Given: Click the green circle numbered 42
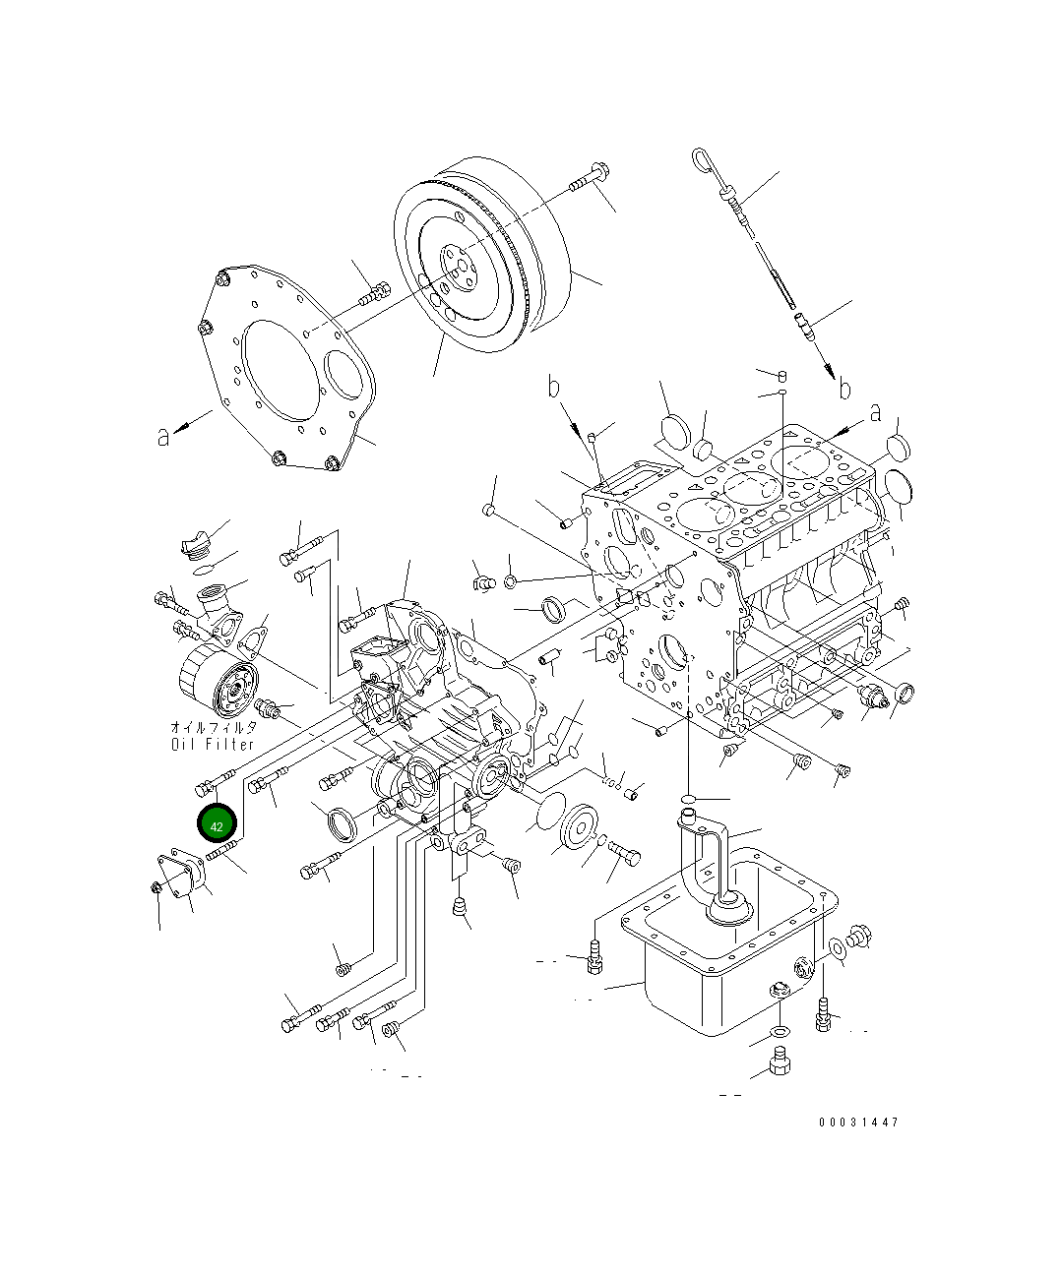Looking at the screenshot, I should pos(217,824).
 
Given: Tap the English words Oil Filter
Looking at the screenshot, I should pos(213,744).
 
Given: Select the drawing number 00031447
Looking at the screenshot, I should pos(857,1122).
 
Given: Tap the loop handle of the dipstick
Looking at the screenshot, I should pos(705,159).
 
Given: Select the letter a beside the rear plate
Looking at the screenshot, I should pos(163,436).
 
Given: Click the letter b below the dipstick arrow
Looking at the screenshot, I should pos(843,390).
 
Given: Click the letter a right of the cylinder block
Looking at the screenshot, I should pos(874,415).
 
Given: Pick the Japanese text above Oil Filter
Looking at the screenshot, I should pos(213,728).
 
